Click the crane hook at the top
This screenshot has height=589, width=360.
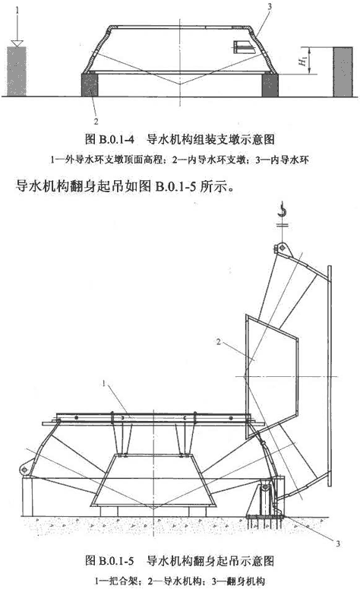point(282,210)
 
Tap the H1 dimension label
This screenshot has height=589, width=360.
point(303,60)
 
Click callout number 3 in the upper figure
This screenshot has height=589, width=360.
point(269,6)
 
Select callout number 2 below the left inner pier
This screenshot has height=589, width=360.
point(96,121)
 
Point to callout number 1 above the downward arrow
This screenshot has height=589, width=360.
point(17,11)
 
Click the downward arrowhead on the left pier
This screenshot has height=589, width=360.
point(17,43)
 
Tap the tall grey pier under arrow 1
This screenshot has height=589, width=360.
point(17,71)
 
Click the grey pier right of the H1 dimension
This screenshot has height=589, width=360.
point(343,71)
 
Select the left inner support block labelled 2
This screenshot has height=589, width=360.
point(90,85)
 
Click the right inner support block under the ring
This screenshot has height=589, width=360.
point(270,85)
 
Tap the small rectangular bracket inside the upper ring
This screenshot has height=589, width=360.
point(244,46)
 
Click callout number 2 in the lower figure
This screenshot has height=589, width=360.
point(219,342)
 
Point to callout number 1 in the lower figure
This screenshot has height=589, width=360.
point(104,384)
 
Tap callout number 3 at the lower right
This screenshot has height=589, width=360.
point(338,543)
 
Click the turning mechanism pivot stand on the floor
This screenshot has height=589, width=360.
point(265,499)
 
